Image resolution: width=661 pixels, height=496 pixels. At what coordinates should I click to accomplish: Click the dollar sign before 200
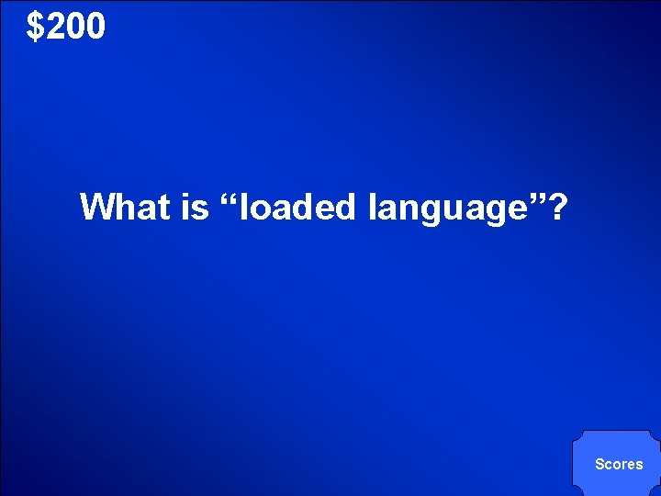[35, 28]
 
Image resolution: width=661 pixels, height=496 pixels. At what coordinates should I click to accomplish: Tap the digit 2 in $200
[53, 28]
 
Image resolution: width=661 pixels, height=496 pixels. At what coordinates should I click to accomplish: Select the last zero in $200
[95, 28]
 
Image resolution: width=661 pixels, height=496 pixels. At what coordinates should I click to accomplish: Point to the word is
[195, 207]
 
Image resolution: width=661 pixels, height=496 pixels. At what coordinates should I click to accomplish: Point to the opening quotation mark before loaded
[230, 197]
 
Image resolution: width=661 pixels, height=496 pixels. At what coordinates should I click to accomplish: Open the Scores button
[618, 464]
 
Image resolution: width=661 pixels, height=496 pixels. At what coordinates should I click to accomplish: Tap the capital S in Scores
[599, 464]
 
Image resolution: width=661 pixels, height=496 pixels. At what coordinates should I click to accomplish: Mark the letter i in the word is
[186, 207]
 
